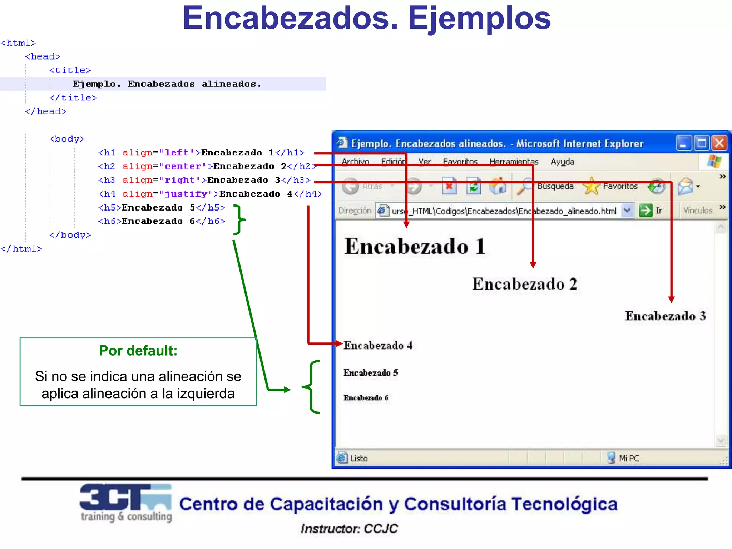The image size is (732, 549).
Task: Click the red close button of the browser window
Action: tap(719, 143)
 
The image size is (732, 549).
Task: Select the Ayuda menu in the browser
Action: tap(562, 162)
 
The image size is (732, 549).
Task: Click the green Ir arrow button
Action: tap(646, 211)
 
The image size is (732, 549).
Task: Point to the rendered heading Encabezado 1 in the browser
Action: tap(415, 246)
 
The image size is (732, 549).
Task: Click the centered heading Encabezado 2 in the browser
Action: tap(524, 284)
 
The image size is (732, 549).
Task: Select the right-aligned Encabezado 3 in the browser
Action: tap(665, 316)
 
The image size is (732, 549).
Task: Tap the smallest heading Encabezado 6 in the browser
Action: tap(366, 398)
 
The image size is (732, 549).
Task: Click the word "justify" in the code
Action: tap(186, 194)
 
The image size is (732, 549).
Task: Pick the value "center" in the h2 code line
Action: tap(183, 167)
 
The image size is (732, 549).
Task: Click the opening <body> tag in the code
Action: tap(67, 139)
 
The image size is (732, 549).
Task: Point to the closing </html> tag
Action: tap(21, 249)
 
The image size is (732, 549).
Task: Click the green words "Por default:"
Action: tap(138, 351)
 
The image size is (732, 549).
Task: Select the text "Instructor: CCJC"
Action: tap(349, 529)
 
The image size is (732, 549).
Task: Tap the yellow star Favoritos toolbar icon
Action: tap(592, 186)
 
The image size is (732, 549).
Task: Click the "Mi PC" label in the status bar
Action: tap(629, 458)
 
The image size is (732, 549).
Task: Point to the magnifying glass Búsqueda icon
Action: tap(524, 186)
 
